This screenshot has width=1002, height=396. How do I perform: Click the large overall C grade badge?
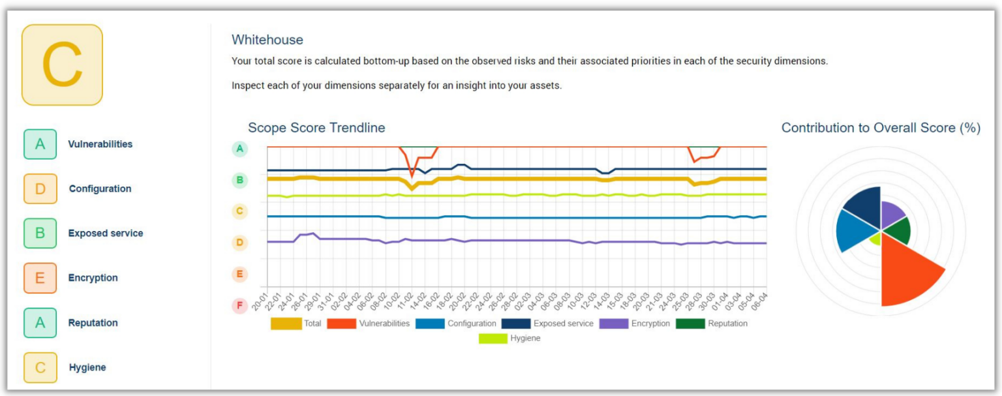pos(62,65)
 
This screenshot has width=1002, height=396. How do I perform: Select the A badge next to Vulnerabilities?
pos(40,144)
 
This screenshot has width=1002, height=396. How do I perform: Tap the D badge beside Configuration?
pos(40,189)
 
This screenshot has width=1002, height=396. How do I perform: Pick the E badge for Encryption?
pos(40,278)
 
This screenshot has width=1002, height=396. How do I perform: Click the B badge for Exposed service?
pos(40,233)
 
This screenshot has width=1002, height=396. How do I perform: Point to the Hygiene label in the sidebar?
pos(87,368)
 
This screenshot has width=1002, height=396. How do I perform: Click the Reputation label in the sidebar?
pos(93,323)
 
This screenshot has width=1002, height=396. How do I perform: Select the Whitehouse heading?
pos(267,40)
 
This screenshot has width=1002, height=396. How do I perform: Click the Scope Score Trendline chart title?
pos(316,128)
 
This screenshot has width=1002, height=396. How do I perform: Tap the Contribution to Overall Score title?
pos(881,128)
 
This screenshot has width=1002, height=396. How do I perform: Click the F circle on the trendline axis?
pos(239,305)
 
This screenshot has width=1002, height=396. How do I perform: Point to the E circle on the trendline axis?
pos(239,274)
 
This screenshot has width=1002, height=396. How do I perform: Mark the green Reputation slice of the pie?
pos(898,230)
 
